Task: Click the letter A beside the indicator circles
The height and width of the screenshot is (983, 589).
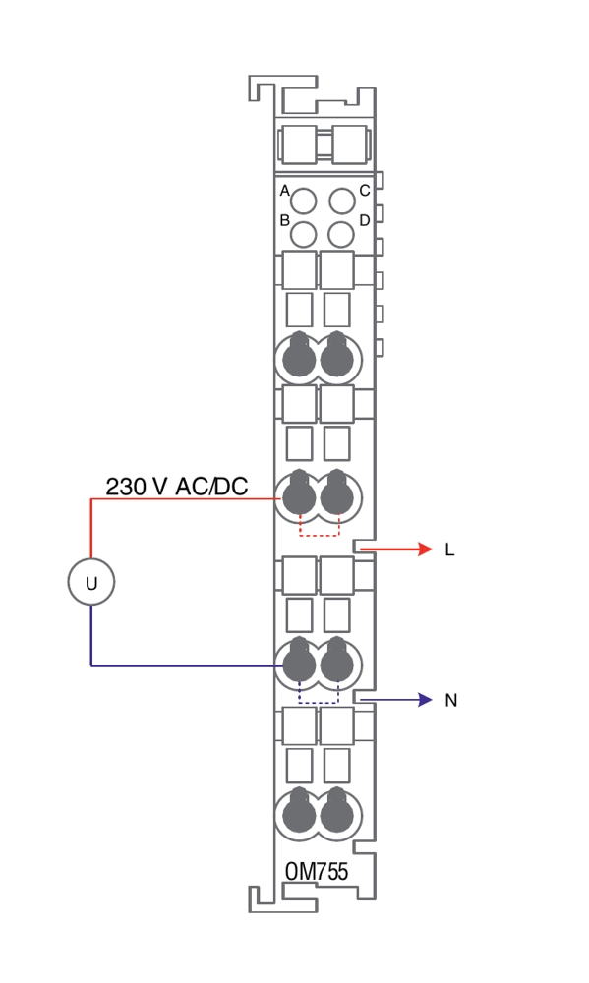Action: coord(285,191)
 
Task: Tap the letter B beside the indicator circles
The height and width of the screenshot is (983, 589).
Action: coord(285,220)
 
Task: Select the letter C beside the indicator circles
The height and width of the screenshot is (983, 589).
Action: coord(365,191)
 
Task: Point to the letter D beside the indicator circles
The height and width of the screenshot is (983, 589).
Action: coord(365,220)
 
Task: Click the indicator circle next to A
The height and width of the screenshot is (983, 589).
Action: coord(304,202)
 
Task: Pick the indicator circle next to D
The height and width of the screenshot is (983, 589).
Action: coord(341,235)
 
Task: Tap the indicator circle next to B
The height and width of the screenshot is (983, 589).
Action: coord(304,235)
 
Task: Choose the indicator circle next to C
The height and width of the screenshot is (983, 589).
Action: coord(342,202)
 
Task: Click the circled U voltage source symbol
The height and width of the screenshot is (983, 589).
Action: coord(91,582)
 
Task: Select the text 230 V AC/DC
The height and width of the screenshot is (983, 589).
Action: coord(177,487)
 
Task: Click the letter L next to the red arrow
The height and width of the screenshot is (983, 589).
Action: coord(449,549)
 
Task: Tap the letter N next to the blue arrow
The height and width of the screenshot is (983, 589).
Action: coord(450,700)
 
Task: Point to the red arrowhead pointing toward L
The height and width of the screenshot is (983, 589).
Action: coord(425,549)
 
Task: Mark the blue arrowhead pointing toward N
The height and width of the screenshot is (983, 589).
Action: coord(425,700)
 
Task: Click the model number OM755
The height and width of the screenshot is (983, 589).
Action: coord(317,872)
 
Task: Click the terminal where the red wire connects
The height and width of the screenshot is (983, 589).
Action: coord(299,496)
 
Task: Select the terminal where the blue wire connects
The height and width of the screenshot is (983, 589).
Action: coord(299,664)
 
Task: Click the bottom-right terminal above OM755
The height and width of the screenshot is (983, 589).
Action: coord(337,814)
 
